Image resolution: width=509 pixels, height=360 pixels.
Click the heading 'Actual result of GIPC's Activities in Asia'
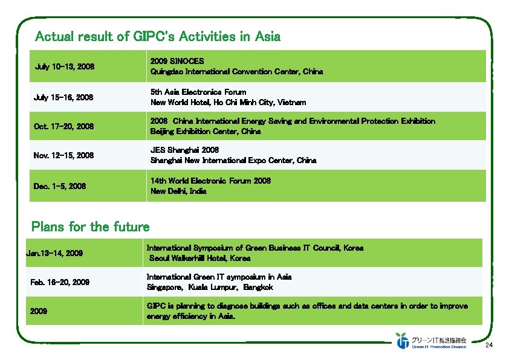pyautogui.click(x=158, y=37)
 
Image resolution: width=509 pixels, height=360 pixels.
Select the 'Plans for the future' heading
pyautogui.click(x=90, y=227)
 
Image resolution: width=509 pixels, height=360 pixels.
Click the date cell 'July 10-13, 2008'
pyautogui.click(x=65, y=66)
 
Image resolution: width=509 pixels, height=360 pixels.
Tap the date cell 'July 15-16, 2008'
pyautogui.click(x=65, y=97)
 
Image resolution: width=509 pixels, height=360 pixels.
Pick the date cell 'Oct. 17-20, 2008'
pyautogui.click(x=65, y=126)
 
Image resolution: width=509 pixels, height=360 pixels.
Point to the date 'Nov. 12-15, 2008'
pyautogui.click(x=64, y=155)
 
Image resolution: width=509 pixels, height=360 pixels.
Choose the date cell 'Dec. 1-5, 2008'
pyautogui.click(x=60, y=186)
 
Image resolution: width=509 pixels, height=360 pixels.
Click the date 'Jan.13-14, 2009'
pyautogui.click(x=54, y=253)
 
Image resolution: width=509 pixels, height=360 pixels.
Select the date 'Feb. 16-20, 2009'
pyautogui.click(x=60, y=282)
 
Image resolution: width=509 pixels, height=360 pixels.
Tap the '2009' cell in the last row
pyautogui.click(x=40, y=311)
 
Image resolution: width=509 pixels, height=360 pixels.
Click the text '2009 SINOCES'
pyautogui.click(x=177, y=61)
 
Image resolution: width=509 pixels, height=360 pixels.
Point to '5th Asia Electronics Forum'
pyautogui.click(x=198, y=92)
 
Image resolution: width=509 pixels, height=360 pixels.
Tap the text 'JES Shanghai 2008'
pyautogui.click(x=184, y=149)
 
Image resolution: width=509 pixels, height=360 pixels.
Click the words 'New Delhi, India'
pyautogui.click(x=178, y=191)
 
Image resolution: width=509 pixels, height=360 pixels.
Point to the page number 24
pyautogui.click(x=490, y=346)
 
